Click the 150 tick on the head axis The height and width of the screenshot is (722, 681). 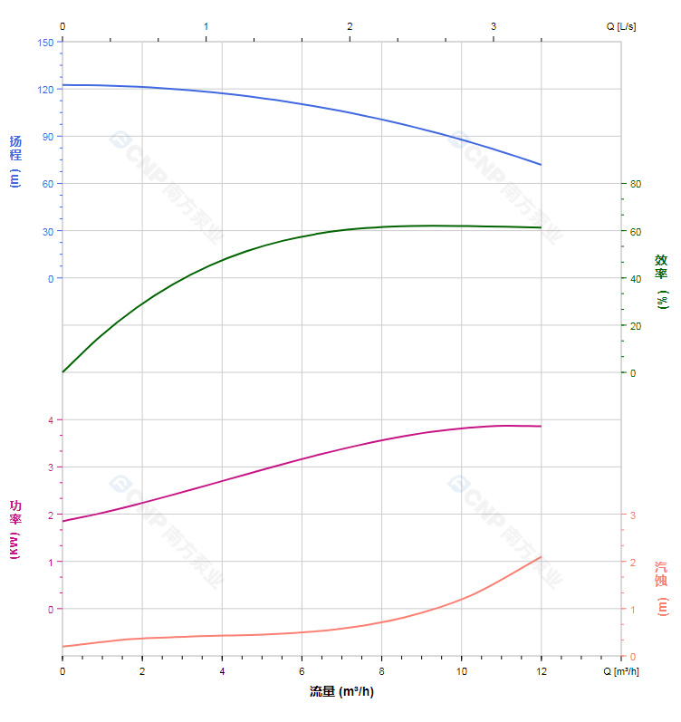45,42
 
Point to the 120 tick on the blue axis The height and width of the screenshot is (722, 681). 45,90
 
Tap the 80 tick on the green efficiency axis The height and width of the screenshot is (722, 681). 636,184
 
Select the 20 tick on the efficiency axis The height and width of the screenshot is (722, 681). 636,325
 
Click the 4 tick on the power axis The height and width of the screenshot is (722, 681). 51,419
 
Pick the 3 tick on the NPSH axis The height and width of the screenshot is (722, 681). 632,515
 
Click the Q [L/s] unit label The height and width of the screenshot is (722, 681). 621,26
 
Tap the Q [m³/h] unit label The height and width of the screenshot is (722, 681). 622,671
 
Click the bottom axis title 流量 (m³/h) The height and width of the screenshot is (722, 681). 341,692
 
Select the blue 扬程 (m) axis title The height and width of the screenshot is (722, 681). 15,160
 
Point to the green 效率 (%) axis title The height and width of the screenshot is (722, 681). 662,281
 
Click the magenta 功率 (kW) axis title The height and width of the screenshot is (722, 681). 15,529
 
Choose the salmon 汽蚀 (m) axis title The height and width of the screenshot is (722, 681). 662,589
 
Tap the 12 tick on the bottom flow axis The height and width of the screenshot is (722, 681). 542,670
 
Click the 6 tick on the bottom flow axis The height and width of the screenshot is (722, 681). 302,670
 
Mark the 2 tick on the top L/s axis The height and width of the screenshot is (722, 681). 350,26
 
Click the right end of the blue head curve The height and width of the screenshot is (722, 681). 541,165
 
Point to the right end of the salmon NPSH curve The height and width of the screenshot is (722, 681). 541,556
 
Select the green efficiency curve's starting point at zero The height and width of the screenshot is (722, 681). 62,372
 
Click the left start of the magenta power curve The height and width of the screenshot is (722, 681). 62,521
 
